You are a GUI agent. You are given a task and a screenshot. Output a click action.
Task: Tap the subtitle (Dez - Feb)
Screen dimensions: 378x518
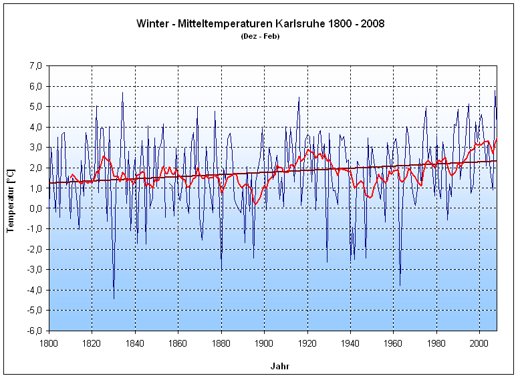point(260,36)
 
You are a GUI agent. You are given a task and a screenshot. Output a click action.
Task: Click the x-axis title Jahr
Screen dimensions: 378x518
point(279,367)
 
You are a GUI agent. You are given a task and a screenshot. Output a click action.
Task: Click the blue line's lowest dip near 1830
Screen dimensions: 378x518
point(114,298)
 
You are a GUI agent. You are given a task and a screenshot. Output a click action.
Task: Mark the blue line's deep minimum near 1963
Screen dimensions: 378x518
point(400,285)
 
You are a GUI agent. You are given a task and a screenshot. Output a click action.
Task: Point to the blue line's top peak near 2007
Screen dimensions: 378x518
point(495,91)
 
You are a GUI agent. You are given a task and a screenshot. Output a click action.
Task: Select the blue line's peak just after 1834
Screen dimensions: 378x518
point(122,93)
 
